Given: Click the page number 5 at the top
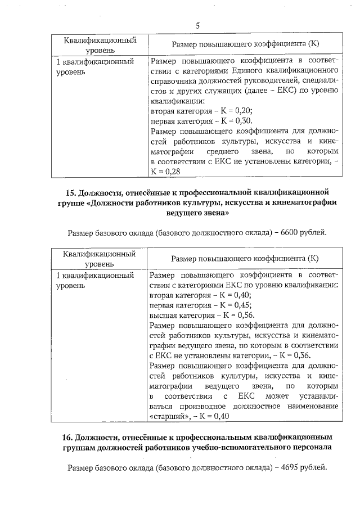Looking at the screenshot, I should point(198,25).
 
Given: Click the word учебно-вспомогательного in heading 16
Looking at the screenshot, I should point(248,448).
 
